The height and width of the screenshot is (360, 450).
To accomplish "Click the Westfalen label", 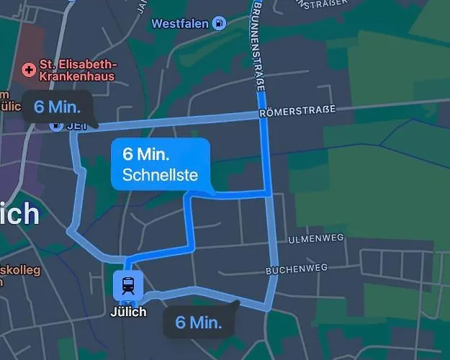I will click(180, 24).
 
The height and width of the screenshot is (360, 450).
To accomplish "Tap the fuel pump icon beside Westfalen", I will click(219, 23).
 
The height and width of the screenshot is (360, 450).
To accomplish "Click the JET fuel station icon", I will click(55, 126).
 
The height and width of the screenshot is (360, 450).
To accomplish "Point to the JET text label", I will click(73, 127).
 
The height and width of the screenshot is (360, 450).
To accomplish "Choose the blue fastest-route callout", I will click(160, 164).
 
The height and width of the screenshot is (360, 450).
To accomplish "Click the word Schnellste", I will click(160, 175).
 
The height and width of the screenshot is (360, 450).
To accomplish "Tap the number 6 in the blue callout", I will click(128, 154).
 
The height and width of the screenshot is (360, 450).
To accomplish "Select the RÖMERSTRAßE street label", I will click(297, 112).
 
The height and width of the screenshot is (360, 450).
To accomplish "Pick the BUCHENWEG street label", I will click(297, 269).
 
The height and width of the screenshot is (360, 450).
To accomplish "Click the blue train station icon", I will click(127, 285).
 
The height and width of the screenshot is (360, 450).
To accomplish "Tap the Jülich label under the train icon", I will click(128, 312).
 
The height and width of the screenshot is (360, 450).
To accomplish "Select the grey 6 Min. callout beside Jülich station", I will click(199, 322).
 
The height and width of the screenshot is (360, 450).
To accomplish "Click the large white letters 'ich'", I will click(19, 213).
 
